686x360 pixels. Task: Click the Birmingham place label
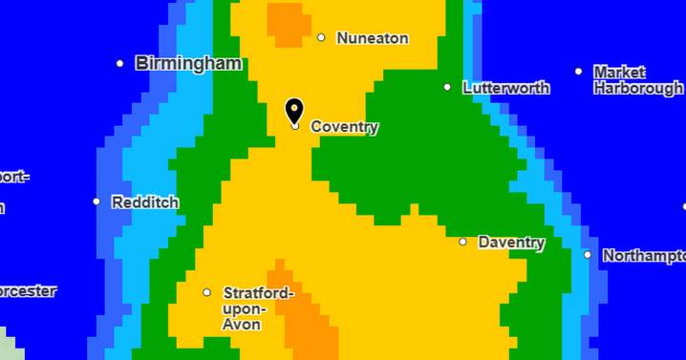click(x=188, y=64)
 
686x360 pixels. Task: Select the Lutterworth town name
click(x=505, y=88)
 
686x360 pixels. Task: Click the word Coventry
click(x=344, y=127)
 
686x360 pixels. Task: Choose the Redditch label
click(x=145, y=202)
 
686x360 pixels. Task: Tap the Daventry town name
click(x=511, y=243)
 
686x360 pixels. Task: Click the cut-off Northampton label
click(x=643, y=256)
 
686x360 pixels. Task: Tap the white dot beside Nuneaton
click(x=321, y=38)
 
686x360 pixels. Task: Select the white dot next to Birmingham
click(x=119, y=64)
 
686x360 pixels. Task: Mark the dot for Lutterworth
click(x=447, y=88)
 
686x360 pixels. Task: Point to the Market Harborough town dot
click(x=578, y=72)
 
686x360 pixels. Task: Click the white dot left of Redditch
click(x=96, y=201)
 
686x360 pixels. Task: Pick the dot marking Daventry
click(x=463, y=242)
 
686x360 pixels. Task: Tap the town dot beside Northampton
click(x=588, y=255)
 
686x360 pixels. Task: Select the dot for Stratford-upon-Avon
click(x=207, y=292)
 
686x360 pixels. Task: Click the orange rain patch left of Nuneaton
click(x=284, y=23)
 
